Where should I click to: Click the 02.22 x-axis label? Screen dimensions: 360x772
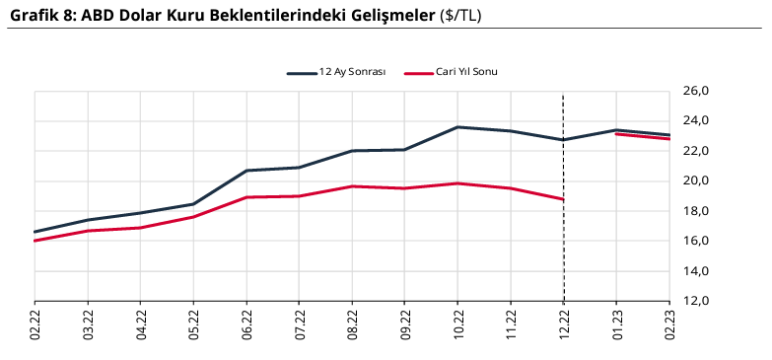[x=35, y=324]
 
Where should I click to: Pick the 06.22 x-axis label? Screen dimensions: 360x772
[x=246, y=324]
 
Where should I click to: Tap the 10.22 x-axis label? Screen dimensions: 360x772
[x=457, y=324]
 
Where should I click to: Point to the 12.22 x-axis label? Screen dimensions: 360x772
[x=563, y=324]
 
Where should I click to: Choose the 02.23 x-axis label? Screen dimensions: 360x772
[x=669, y=324]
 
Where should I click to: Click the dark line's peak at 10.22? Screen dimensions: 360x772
[x=457, y=127]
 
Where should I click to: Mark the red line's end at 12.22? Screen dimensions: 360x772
[x=563, y=199]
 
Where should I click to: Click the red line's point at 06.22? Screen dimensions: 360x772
[x=246, y=197]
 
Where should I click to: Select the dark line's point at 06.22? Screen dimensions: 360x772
[x=246, y=171]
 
